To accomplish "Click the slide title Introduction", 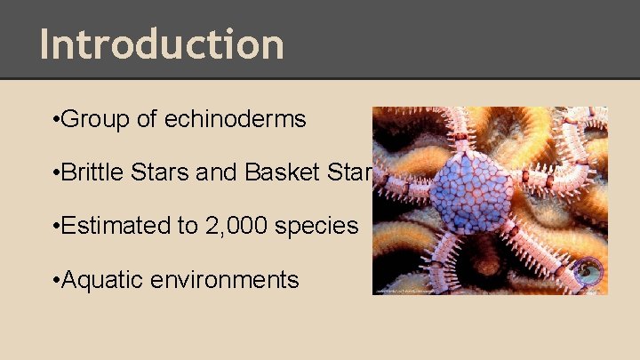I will [x=162, y=44].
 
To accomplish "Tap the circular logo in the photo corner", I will [x=588, y=273].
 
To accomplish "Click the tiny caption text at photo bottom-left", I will [x=418, y=290].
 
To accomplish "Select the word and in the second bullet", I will [x=212, y=172].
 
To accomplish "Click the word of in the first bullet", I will [x=148, y=119].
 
